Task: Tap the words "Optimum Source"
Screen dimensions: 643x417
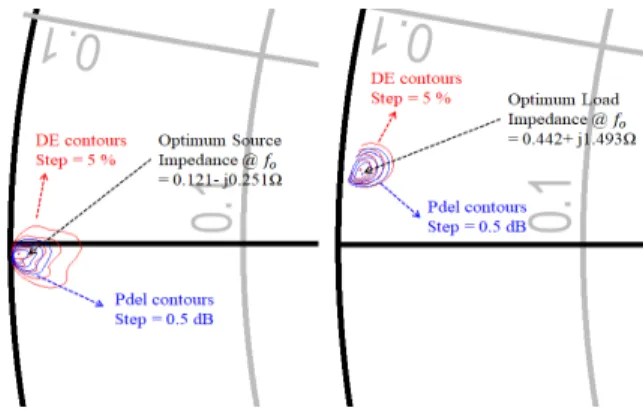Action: pos(220,141)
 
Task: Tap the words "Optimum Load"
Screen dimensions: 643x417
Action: pos(563,100)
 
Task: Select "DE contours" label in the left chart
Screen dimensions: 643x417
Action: pos(81,141)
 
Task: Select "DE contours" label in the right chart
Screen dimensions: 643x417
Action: pos(416,79)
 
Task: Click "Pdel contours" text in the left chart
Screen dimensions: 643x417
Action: pos(164,300)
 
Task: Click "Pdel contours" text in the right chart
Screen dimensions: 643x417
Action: pos(477,207)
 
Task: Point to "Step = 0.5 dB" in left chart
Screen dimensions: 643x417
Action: pos(164,319)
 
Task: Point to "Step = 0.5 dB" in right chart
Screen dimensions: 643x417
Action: pos(477,226)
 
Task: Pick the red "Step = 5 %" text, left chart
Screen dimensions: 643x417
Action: pos(76,160)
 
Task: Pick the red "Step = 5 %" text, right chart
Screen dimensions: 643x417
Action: pos(411,98)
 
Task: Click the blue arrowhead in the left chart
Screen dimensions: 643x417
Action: pos(99,303)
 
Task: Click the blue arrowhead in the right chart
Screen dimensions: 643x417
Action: pos(416,213)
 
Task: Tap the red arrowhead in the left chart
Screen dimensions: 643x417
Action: pos(44,178)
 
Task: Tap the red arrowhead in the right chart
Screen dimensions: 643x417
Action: pos(393,116)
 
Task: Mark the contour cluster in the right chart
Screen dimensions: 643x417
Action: pos(371,166)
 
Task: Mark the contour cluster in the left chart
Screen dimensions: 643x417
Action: pos(45,257)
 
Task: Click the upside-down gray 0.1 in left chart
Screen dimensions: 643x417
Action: pos(72,49)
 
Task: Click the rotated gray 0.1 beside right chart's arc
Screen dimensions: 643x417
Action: pos(550,206)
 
